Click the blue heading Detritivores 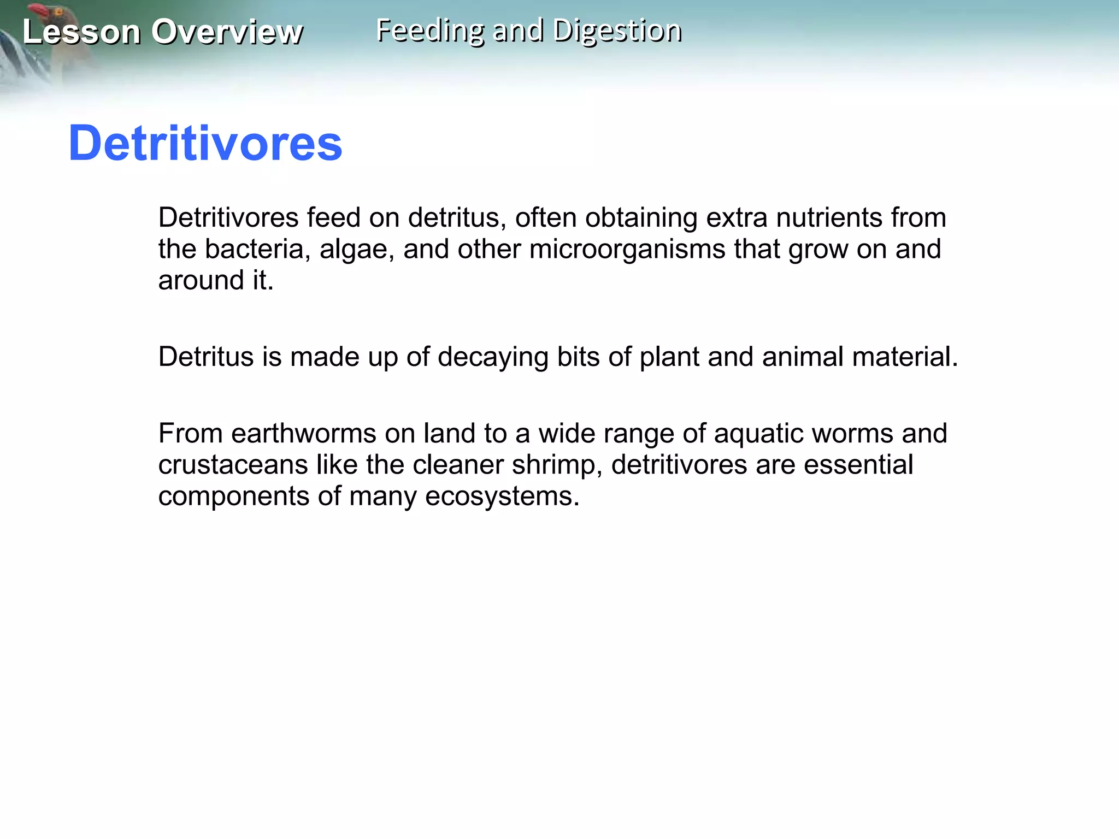pos(205,143)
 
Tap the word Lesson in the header pos(81,32)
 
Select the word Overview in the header pos(227,32)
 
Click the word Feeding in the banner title pos(430,31)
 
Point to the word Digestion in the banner pos(617,31)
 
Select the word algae pos(356,250)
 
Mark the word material pos(905,357)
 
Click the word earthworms pos(304,434)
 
